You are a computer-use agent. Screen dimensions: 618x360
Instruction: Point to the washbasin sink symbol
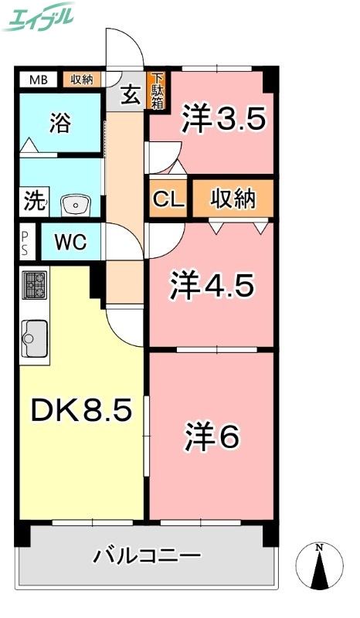pos(75,205)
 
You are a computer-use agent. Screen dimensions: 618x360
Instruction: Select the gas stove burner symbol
pos(35,285)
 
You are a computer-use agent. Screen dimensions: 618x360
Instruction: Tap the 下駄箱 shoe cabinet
pos(157,90)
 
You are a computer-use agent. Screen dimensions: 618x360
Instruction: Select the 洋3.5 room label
pos(224,120)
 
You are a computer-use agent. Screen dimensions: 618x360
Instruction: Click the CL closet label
pos(168,199)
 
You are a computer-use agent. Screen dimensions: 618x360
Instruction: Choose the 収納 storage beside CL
pos(233,199)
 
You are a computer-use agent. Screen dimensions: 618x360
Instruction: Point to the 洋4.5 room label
pos(212,287)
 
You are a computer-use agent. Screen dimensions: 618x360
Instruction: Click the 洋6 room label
pos(212,436)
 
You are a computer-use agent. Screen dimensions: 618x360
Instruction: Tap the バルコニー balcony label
pos(148,555)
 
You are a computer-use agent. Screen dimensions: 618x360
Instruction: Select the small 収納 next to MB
pos(82,79)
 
